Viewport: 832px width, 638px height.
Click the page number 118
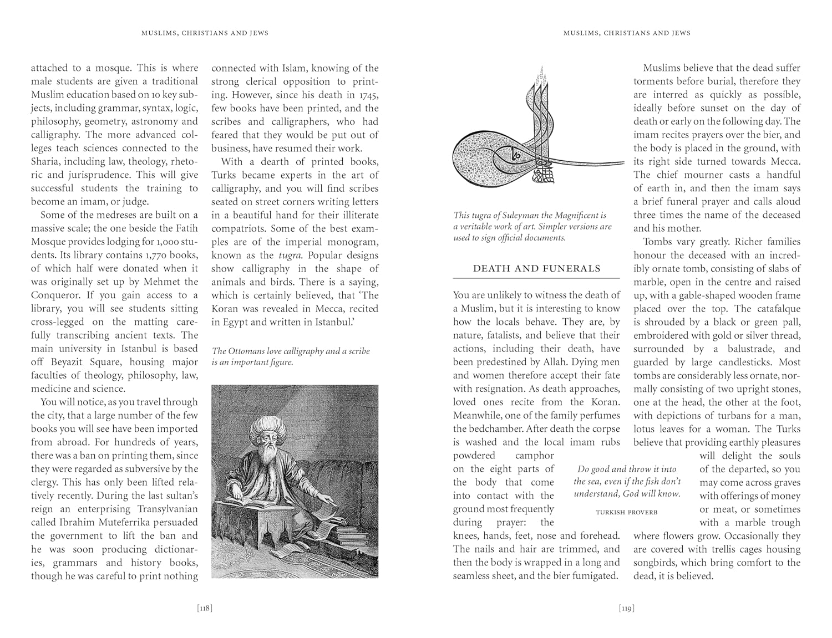[x=205, y=608]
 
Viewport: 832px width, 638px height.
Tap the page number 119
[x=626, y=608]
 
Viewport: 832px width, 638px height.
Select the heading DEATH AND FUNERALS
[x=536, y=269]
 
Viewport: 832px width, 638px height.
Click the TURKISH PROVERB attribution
[x=626, y=512]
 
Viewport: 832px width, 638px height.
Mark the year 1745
[x=366, y=95]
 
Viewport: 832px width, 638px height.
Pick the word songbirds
[x=656, y=563]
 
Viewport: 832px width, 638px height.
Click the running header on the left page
[x=205, y=33]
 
